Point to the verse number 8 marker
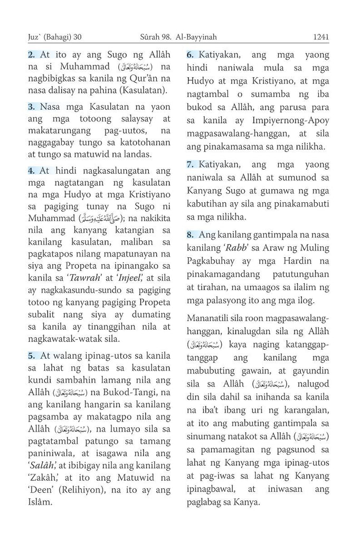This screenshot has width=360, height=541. pos(191,233)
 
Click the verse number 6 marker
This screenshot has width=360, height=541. pos(191,55)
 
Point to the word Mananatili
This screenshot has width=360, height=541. pos(211,318)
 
